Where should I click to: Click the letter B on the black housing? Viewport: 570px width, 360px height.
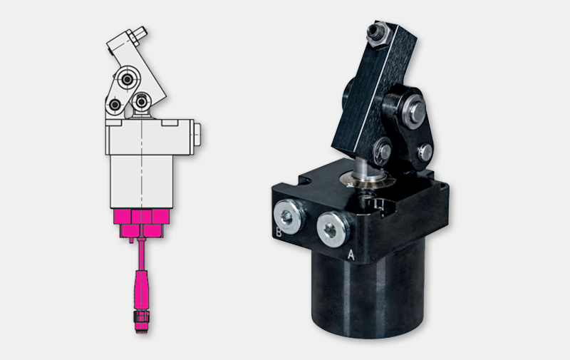point(279,232)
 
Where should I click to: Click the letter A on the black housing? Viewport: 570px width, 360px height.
point(351,254)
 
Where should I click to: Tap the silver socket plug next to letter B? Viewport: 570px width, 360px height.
point(289,217)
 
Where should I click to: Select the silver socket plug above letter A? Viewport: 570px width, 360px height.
point(333,230)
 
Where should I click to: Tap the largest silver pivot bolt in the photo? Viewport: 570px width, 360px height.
point(415,110)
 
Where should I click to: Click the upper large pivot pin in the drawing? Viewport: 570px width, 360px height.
point(127,79)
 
